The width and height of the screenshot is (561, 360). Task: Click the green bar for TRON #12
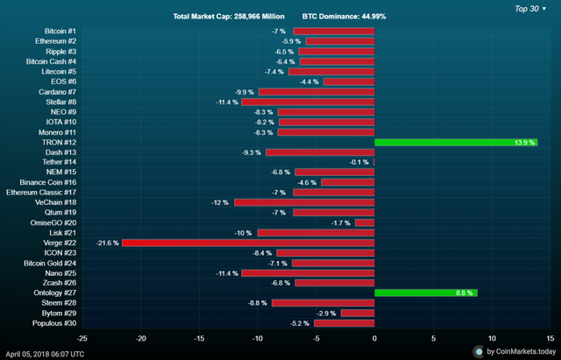[456, 142]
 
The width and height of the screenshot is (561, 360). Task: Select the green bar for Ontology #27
[426, 293]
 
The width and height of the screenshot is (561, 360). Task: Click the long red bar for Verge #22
[248, 242]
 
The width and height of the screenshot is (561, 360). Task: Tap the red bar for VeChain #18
[304, 201]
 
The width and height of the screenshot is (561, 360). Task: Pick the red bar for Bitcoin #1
[333, 32]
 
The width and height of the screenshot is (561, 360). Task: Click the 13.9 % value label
[524, 142]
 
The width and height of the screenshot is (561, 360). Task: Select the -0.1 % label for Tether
[359, 162]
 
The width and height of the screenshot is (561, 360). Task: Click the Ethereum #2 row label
[56, 41]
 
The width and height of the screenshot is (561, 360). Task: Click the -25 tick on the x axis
[82, 337]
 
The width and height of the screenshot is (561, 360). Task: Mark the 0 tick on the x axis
[374, 337]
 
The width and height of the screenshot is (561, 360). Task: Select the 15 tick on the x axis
[550, 337]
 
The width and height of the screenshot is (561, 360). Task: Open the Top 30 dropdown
[530, 8]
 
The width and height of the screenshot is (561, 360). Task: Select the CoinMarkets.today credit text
[519, 351]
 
